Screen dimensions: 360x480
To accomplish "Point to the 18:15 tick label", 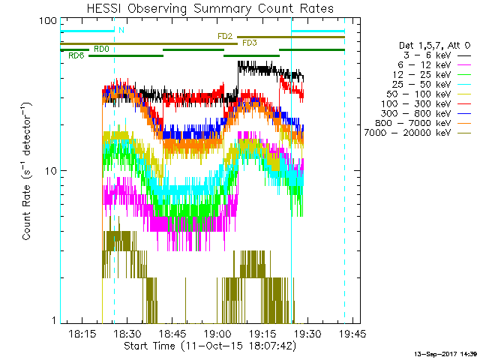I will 82,333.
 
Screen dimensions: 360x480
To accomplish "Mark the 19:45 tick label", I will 351,333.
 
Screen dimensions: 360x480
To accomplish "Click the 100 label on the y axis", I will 48,21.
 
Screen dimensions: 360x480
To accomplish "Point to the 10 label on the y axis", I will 51,171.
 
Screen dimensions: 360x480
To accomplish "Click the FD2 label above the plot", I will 224,35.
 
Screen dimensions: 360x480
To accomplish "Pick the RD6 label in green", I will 76,55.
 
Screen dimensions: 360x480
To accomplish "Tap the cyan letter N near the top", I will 121,30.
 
